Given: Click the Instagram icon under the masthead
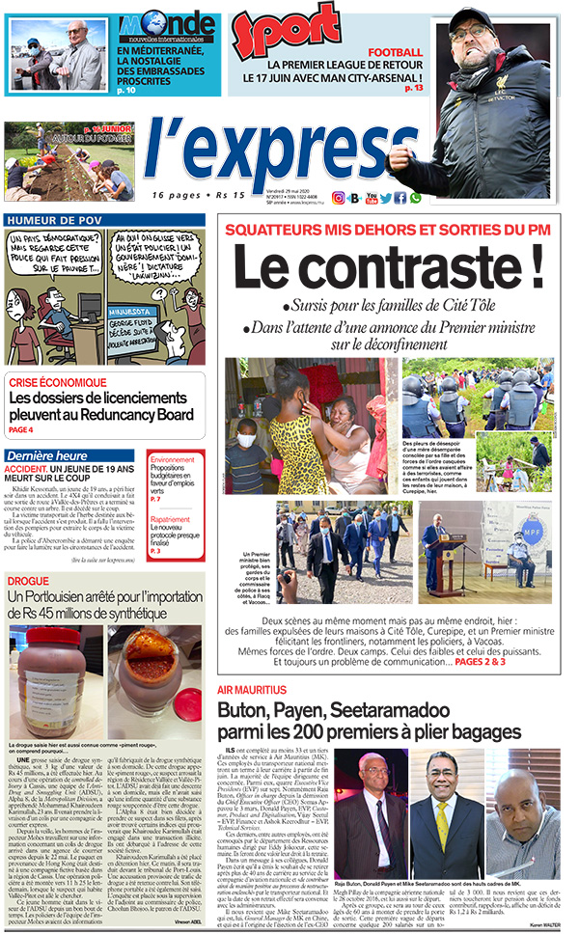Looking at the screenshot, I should (338, 198).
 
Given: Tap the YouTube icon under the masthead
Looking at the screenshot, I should (370, 198).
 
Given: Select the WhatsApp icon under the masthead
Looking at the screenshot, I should (416, 198).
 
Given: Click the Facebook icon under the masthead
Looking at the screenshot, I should (400, 198).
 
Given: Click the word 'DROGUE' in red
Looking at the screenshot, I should (28, 581).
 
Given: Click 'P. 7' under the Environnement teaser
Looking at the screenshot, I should (155, 500).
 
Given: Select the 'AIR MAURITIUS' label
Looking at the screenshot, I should (252, 691).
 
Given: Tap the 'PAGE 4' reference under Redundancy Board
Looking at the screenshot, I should (21, 429).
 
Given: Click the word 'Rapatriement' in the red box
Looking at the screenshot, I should (171, 518).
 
